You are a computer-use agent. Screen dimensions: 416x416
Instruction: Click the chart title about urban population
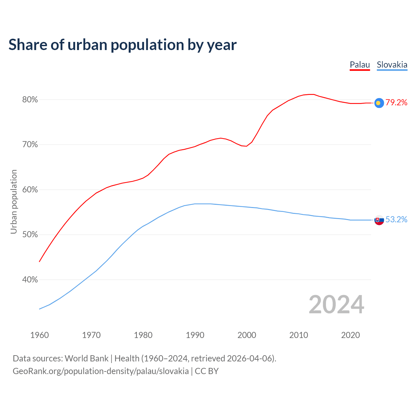click(123, 45)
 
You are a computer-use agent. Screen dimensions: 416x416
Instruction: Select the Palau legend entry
click(360, 65)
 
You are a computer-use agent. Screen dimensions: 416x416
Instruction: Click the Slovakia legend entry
click(392, 65)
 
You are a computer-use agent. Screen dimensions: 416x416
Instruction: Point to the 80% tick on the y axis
click(30, 100)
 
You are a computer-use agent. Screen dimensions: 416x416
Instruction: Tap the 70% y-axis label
click(30, 145)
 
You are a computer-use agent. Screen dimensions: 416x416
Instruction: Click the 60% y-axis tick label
click(30, 190)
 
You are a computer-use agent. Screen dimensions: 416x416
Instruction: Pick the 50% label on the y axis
click(30, 235)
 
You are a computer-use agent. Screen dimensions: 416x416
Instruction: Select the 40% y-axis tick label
click(30, 280)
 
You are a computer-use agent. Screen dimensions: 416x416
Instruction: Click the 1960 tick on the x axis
click(40, 335)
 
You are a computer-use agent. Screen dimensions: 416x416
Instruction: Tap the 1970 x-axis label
click(91, 335)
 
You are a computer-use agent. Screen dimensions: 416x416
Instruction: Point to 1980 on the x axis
click(143, 335)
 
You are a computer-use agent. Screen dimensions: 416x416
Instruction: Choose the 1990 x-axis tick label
click(195, 335)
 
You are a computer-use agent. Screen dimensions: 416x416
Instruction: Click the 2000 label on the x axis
click(247, 335)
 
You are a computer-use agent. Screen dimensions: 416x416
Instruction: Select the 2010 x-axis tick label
click(299, 335)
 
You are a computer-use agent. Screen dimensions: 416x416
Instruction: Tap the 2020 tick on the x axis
click(351, 335)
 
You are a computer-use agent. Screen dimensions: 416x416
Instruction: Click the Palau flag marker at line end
click(379, 103)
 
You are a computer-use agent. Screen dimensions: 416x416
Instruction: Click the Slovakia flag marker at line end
click(379, 220)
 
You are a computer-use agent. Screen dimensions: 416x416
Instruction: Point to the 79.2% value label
click(396, 103)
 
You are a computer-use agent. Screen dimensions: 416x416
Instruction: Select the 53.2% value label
click(396, 220)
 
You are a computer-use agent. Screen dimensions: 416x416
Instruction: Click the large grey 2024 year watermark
click(336, 305)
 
